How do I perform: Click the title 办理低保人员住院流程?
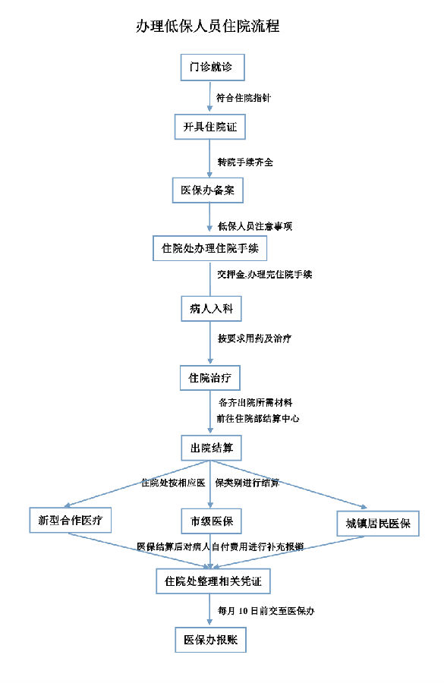(x=207, y=26)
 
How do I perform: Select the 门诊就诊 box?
(x=213, y=67)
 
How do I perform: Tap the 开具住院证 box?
(x=210, y=127)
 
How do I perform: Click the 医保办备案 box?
(x=208, y=190)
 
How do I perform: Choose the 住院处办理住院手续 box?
(x=209, y=248)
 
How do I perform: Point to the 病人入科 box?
(x=211, y=309)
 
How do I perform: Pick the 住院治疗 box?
(x=210, y=378)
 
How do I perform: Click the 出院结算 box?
(x=211, y=448)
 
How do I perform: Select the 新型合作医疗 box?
(x=70, y=520)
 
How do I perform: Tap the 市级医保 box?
(x=211, y=521)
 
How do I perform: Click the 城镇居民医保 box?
(x=378, y=524)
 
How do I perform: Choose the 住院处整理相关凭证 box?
(x=213, y=581)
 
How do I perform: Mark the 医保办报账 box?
(x=210, y=640)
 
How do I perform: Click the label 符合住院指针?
(x=244, y=98)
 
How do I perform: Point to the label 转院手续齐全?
(x=246, y=162)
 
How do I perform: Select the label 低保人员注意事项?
(x=255, y=226)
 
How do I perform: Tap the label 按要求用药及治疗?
(x=254, y=338)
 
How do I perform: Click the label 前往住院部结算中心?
(x=258, y=418)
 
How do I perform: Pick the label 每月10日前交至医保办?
(x=266, y=611)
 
